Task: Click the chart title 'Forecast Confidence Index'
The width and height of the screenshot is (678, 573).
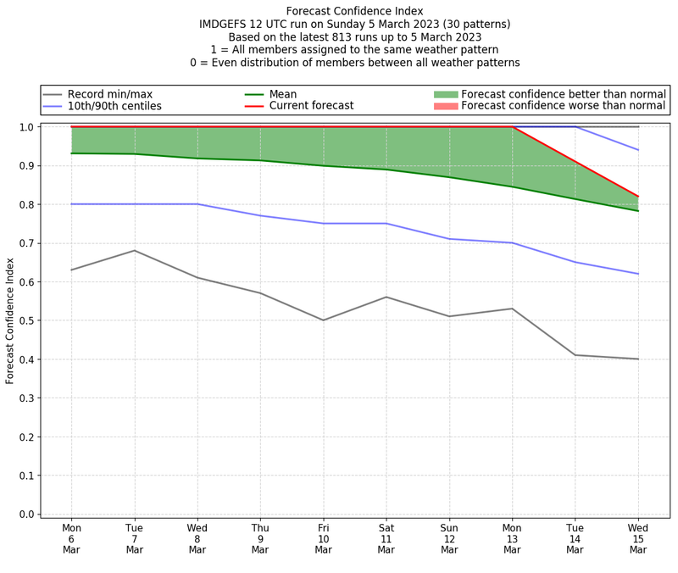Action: (x=354, y=11)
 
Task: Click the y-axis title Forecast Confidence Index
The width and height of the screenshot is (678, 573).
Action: (x=10, y=320)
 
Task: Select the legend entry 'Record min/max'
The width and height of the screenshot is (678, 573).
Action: (x=110, y=94)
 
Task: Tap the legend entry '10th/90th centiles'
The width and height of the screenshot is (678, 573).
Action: (x=114, y=106)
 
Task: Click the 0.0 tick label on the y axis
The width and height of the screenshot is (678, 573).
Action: (x=27, y=515)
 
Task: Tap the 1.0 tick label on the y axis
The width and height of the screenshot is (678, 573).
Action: (x=27, y=127)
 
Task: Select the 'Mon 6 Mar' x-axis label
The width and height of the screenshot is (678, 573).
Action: (x=71, y=539)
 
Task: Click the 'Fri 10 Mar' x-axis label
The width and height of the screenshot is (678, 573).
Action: (x=323, y=539)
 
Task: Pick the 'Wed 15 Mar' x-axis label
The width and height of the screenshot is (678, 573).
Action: (x=638, y=539)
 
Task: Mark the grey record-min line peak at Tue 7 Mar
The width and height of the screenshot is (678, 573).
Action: (x=134, y=250)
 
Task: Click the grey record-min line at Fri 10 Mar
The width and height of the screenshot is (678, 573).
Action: (x=323, y=320)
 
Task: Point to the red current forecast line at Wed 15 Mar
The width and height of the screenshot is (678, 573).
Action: (x=638, y=197)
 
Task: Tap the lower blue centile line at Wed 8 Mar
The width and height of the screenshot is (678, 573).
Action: (x=197, y=204)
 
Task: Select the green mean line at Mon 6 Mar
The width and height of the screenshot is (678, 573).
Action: (x=71, y=153)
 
